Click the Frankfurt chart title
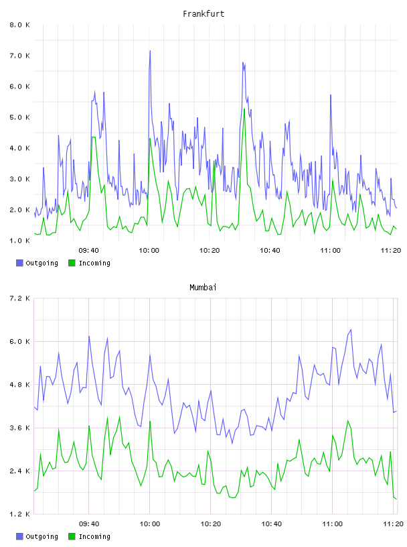(203, 14)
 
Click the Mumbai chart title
(203, 288)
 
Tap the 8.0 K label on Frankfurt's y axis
(19, 25)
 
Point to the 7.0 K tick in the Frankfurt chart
(19, 56)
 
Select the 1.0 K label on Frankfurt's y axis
(19, 241)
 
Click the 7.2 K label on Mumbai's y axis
(19, 298)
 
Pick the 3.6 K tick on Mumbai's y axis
(19, 428)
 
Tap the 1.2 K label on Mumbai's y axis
(19, 514)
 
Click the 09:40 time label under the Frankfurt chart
(88, 251)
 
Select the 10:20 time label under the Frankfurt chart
(210, 251)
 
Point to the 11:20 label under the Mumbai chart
(393, 524)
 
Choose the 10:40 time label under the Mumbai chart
(272, 524)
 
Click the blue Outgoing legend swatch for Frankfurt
(19, 263)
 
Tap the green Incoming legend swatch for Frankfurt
(72, 263)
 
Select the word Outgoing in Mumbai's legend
(42, 536)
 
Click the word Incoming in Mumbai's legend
(94, 536)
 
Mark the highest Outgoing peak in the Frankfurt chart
(150, 51)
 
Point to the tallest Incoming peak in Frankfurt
(244, 109)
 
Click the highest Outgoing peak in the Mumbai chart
(351, 330)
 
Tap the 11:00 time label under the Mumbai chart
(332, 524)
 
